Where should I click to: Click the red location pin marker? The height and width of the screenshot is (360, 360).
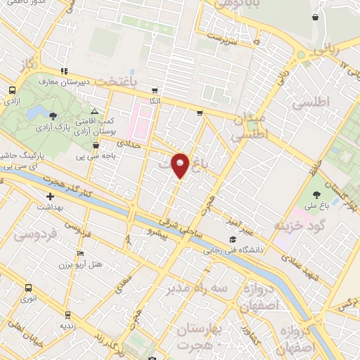tap(181, 165)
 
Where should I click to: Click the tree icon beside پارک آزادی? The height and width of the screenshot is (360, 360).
tap(55, 115)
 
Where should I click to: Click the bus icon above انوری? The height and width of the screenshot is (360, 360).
tap(29, 288)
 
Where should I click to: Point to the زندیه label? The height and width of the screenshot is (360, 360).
tap(67, 325)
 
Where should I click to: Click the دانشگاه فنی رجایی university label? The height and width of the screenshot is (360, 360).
tap(232, 248)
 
